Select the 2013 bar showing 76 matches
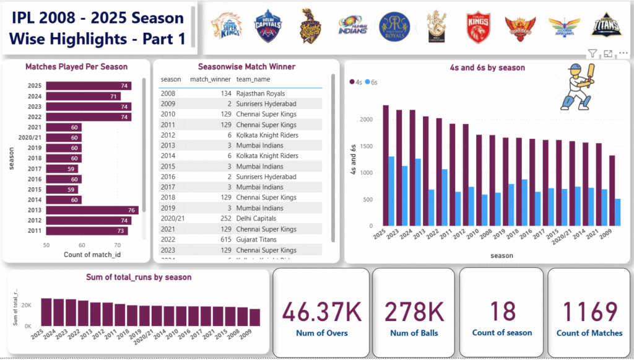click(93, 210)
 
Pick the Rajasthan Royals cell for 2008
click(260, 94)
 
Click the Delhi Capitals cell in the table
click(256, 218)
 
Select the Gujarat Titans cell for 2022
click(257, 239)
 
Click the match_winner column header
click(210, 79)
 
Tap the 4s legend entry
click(356, 82)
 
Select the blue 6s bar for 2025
click(391, 191)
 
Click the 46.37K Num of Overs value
click(322, 312)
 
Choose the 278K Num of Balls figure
click(414, 312)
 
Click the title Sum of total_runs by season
click(139, 278)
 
